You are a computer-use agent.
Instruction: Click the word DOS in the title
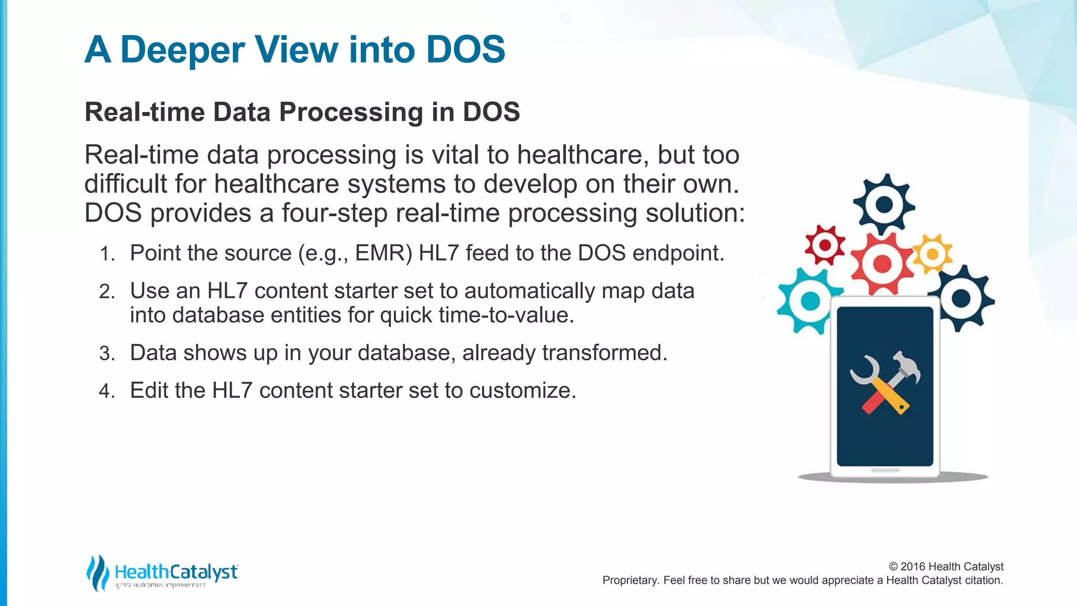(465, 49)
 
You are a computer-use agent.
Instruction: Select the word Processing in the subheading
(351, 112)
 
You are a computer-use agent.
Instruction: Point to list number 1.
(107, 254)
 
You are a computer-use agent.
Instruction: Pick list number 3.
(107, 353)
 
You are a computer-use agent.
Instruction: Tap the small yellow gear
(932, 255)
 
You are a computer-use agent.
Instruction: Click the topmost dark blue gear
(884, 204)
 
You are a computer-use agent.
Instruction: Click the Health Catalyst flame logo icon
(98, 573)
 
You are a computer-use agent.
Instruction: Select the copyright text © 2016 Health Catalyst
(946, 567)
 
